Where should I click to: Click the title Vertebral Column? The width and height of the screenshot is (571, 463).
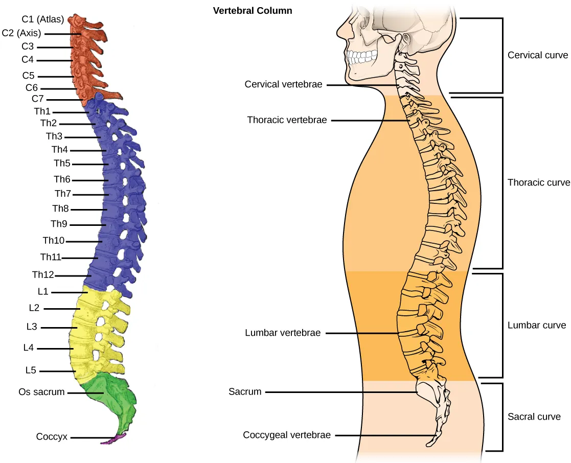tap(253, 10)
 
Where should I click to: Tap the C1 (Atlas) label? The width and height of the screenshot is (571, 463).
tap(42, 20)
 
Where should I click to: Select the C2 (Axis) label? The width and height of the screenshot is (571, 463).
tap(21, 34)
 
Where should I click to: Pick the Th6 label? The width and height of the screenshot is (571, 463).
tap(62, 179)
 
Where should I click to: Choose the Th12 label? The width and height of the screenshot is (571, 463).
tap(43, 275)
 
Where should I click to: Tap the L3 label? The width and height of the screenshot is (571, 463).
tap(31, 327)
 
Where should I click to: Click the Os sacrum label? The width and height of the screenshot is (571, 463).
tap(41, 392)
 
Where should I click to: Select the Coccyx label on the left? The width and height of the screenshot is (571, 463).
tap(52, 437)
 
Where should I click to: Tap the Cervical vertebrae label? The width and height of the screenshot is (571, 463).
tap(283, 84)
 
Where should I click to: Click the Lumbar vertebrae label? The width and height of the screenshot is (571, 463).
tap(283, 333)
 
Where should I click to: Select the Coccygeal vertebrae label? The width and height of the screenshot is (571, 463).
tap(287, 435)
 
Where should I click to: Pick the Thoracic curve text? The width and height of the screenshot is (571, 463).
tap(538, 182)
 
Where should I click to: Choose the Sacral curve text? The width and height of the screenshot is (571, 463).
tap(534, 416)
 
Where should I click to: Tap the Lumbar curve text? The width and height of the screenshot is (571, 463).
tap(537, 325)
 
